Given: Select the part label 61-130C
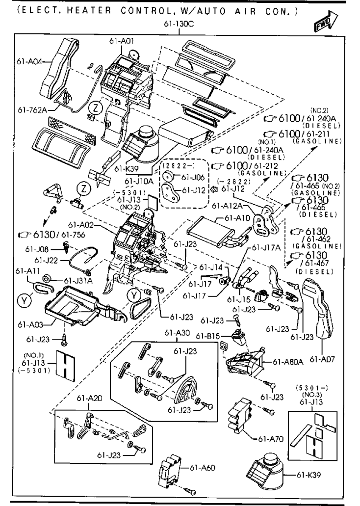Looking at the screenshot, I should pos(180,24).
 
